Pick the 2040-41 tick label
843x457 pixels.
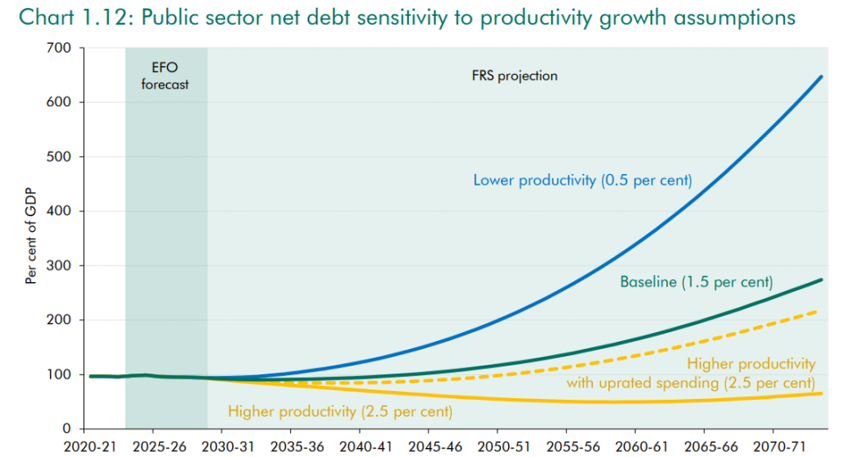click(x=360, y=446)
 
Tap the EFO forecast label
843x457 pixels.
click(x=165, y=77)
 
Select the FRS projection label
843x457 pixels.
click(x=515, y=76)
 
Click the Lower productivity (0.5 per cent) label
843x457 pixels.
click(x=583, y=180)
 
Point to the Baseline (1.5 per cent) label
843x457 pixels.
click(x=696, y=282)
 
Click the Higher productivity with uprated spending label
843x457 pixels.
click(x=751, y=374)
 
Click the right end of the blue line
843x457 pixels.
click(x=822, y=76)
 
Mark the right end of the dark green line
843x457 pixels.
click(x=822, y=279)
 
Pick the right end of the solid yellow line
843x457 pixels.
click(x=822, y=393)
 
